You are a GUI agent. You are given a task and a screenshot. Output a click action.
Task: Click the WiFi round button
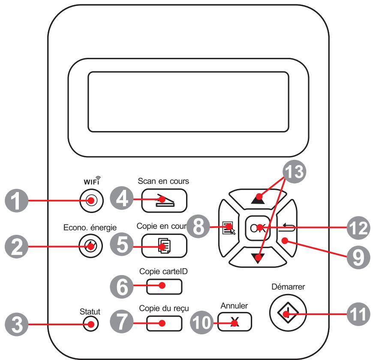92,201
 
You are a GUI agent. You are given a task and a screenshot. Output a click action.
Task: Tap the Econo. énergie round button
90,246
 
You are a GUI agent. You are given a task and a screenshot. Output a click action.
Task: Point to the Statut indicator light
91,324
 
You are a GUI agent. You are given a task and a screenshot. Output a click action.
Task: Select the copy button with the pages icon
164,246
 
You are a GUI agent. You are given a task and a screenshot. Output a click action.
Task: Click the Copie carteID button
164,287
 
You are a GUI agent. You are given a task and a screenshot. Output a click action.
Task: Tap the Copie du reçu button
164,324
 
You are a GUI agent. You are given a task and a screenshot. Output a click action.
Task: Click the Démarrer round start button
288,313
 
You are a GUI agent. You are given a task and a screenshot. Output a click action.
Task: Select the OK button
258,228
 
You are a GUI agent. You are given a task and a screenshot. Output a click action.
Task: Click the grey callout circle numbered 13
294,172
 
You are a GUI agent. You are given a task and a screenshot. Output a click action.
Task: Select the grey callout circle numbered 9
358,258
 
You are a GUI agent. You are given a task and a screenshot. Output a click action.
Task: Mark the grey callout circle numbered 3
17,324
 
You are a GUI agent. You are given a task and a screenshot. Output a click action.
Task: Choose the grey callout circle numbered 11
358,314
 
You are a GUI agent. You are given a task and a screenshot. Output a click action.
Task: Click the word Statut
90,312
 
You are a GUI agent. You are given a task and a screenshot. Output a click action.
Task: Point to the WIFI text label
92,181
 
